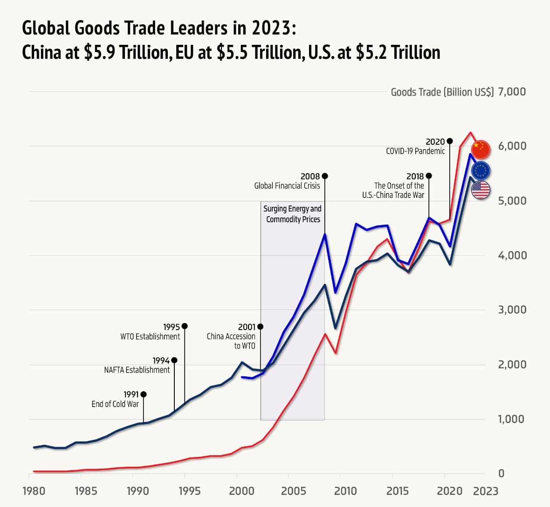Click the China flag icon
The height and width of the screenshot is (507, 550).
[481, 149]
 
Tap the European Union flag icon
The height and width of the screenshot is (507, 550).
[481, 170]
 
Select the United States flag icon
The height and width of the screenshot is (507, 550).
[481, 190]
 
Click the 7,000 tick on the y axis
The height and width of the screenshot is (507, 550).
[512, 92]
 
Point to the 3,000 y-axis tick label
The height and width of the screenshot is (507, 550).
[512, 310]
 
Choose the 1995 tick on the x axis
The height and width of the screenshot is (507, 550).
[190, 491]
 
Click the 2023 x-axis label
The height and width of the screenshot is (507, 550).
[486, 491]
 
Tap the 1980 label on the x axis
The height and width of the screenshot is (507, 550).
[34, 491]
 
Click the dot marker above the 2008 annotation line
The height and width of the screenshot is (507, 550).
[325, 176]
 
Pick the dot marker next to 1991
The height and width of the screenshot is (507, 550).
[144, 394]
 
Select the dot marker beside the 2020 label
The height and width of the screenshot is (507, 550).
[450, 141]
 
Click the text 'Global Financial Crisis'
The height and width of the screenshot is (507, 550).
[287, 186]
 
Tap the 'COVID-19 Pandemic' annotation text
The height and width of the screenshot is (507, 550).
[415, 151]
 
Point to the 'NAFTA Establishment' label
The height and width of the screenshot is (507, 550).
[137, 370]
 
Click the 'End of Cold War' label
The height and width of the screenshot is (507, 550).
[115, 404]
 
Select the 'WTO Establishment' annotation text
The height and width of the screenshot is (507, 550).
[150, 337]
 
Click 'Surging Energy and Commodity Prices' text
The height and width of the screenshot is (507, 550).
[293, 214]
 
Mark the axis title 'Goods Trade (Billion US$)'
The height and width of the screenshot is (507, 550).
[442, 92]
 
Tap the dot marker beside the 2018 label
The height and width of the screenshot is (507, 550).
[429, 176]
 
